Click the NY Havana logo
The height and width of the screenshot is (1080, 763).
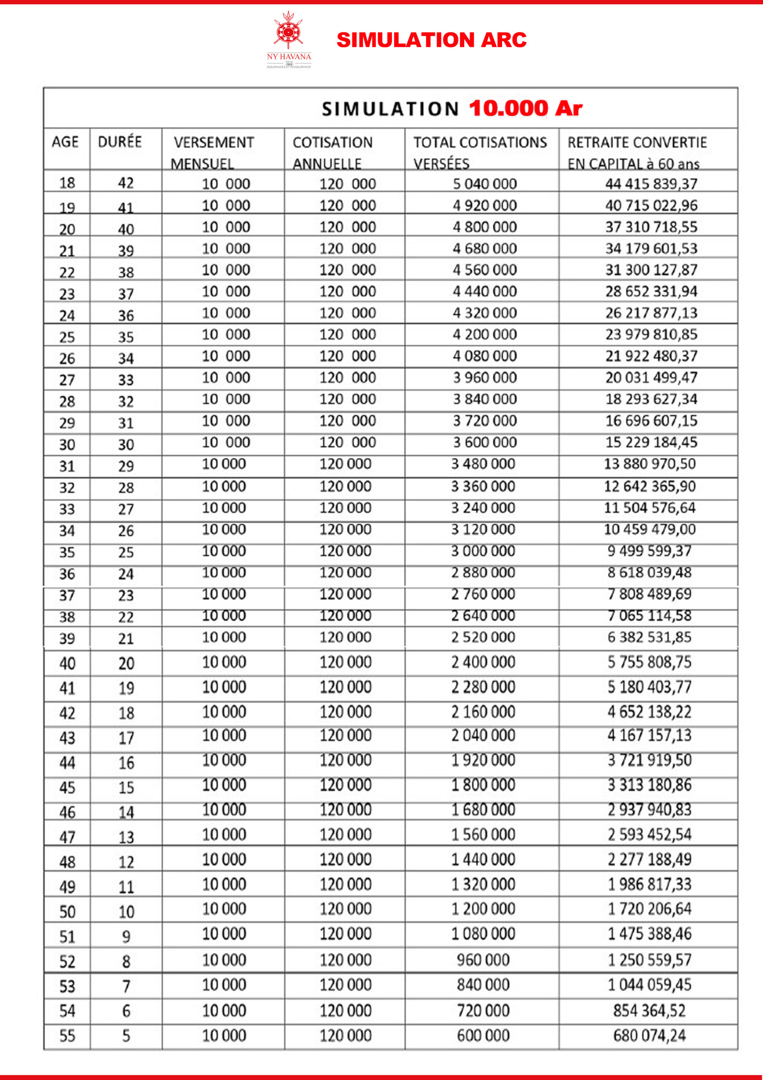(289, 40)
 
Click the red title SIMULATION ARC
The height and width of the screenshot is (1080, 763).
(431, 40)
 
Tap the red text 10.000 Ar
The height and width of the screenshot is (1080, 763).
(525, 108)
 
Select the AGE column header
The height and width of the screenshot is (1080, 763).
(65, 142)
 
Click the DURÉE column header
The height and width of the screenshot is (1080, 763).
(119, 142)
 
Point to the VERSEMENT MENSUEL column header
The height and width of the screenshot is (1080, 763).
(213, 152)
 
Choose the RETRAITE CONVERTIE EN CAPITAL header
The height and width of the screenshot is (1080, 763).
(637, 152)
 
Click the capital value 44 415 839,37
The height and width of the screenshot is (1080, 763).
(651, 184)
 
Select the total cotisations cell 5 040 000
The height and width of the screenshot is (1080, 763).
(485, 184)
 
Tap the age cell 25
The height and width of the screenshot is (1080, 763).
(67, 337)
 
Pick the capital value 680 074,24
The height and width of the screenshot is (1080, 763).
(649, 1035)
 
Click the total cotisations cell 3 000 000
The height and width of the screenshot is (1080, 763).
(483, 551)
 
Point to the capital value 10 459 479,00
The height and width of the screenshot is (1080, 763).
(650, 529)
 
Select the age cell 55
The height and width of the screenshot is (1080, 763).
(67, 1035)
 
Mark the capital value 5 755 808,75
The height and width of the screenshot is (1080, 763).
(649, 662)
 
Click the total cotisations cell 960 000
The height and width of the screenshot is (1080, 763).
(483, 960)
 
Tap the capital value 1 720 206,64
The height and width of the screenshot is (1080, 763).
(649, 909)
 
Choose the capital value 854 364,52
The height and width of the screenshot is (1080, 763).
(649, 1010)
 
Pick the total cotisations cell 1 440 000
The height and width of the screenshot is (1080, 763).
(483, 859)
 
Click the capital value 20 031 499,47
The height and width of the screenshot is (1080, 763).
(651, 377)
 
